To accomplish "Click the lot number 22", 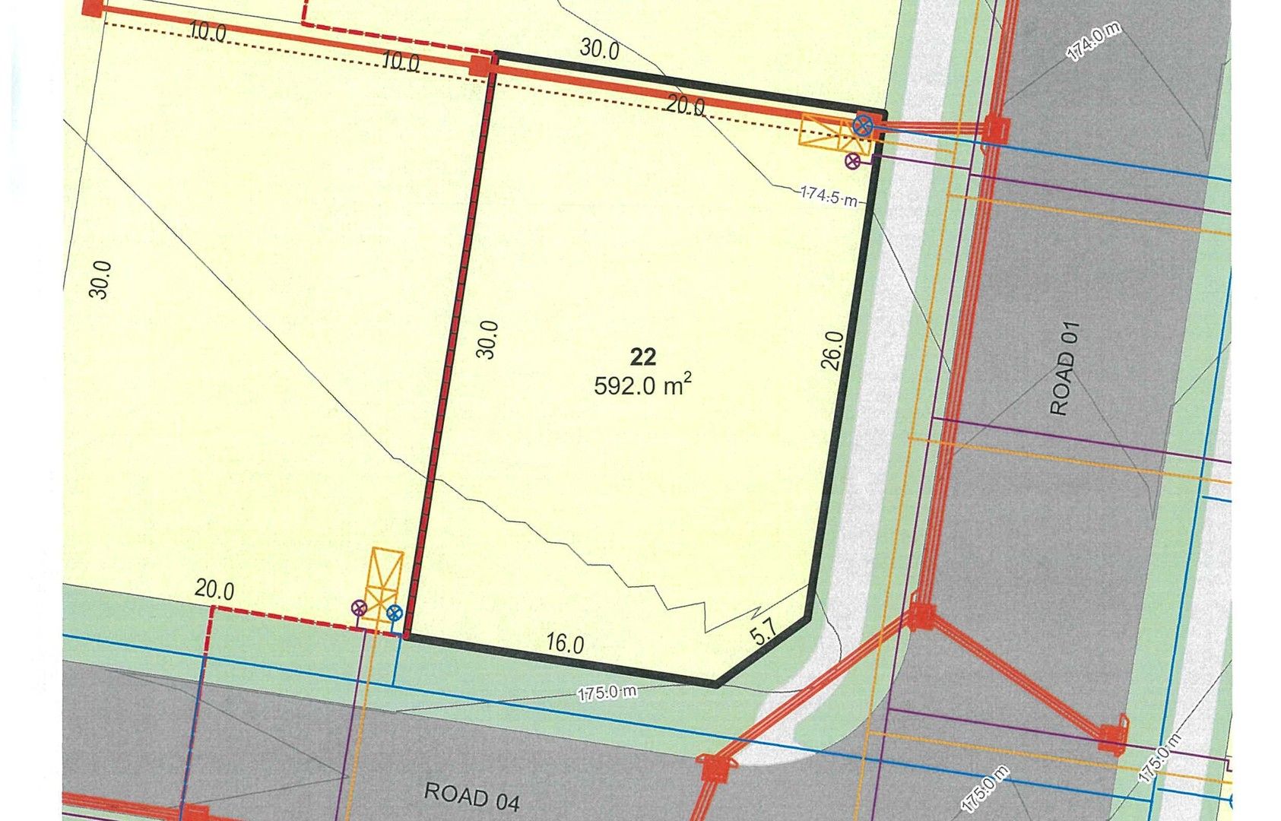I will coord(642,357).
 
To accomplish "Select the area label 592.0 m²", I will coord(642,385).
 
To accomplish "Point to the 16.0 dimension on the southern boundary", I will coord(565,644).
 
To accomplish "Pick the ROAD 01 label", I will coord(1064,369).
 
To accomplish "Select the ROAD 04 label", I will coord(471,796).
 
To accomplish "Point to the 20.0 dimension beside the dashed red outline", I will coord(214,590).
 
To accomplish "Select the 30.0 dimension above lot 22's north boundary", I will coord(599,49).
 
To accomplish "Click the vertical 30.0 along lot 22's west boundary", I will coord(487,339).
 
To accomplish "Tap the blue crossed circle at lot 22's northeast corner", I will coord(863,125).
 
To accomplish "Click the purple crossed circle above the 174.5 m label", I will coord(853,160).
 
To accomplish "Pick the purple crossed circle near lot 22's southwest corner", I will coord(359,607).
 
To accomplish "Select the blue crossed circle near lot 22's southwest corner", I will coord(394,612).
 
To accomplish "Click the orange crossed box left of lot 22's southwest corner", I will coord(385,585).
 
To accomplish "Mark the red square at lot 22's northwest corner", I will coord(480,65).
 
